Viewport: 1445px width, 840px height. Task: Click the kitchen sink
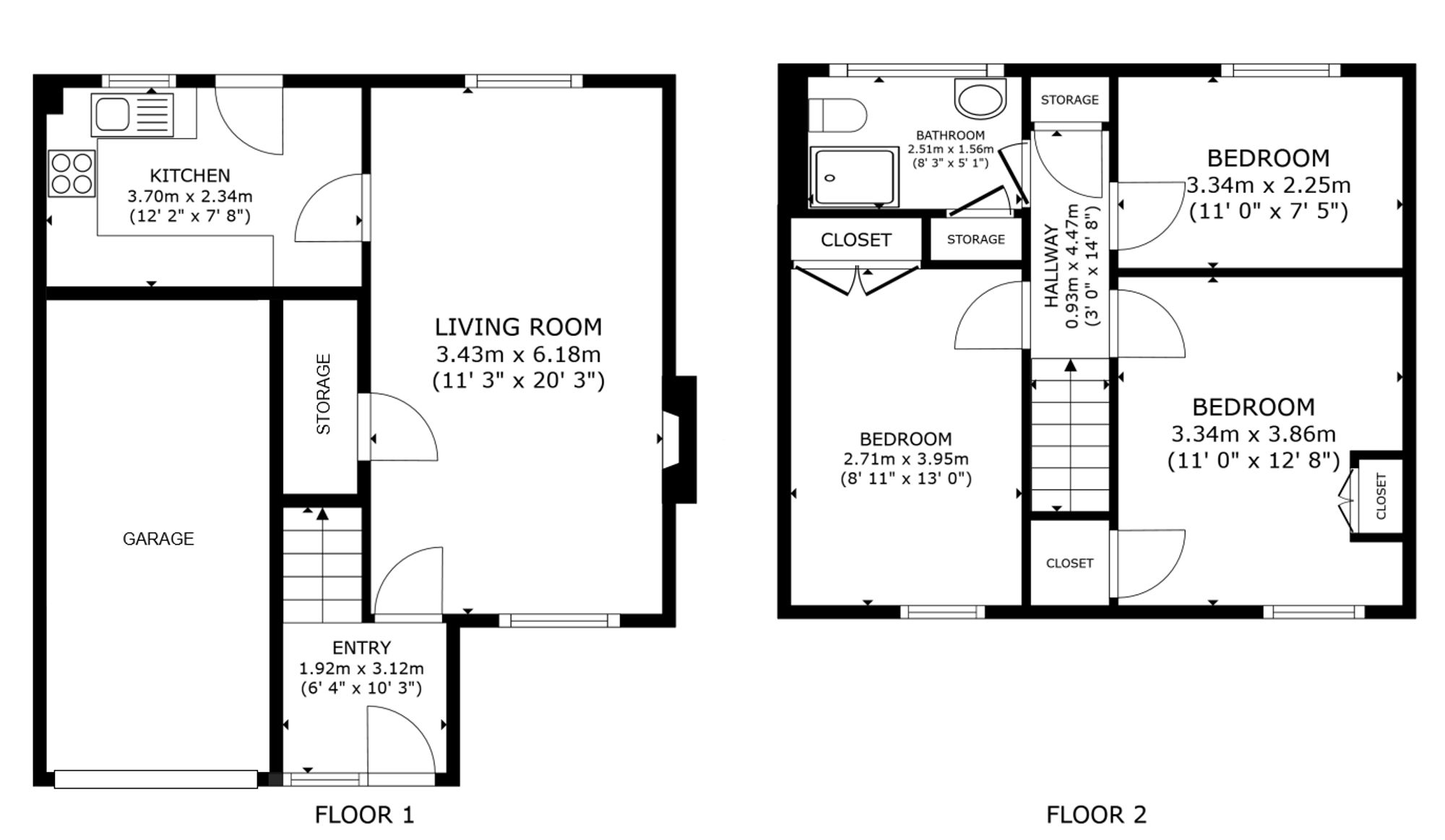pos(133,115)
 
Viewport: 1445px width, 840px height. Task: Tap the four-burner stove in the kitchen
pos(72,173)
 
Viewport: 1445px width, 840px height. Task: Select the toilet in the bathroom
pos(837,116)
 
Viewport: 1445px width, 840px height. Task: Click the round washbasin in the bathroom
pos(980,99)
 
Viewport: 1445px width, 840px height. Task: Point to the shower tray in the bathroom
pos(854,177)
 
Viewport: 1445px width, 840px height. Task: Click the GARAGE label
pos(158,539)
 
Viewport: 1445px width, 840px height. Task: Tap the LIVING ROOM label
pos(518,327)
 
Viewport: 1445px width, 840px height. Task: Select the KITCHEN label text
pos(190,176)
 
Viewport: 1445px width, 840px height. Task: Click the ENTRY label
pos(361,647)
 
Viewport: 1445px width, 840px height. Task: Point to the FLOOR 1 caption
pos(364,815)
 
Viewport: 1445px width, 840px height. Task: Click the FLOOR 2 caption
pos(1096,815)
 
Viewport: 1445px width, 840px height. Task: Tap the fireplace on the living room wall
pos(679,439)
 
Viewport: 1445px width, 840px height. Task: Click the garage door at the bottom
pos(156,779)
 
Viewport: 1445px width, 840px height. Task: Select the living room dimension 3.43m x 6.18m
pos(518,355)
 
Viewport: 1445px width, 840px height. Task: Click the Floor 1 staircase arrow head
pos(322,514)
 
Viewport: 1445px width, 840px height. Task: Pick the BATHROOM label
pos(950,135)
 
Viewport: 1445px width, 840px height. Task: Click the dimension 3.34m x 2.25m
pos(1268,186)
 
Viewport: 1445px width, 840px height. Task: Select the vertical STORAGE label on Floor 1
pos(323,394)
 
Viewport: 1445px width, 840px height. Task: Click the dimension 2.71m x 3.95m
pos(905,459)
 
